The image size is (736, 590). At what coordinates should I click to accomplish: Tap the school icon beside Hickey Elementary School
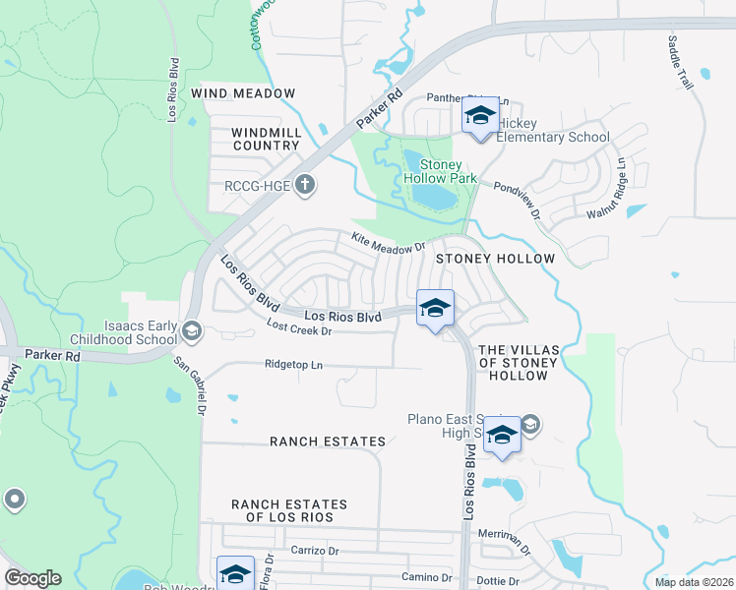pyautogui.click(x=479, y=117)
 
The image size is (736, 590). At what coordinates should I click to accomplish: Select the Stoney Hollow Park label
pyautogui.click(x=448, y=171)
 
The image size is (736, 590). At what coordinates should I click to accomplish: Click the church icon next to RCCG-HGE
pyautogui.click(x=305, y=184)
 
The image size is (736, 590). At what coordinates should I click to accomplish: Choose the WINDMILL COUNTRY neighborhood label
pyautogui.click(x=265, y=139)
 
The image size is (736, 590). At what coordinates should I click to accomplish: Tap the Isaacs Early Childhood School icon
pyautogui.click(x=191, y=331)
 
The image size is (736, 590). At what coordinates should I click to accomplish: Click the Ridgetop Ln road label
pyautogui.click(x=293, y=364)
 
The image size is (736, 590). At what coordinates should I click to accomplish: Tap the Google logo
pyautogui.click(x=32, y=578)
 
